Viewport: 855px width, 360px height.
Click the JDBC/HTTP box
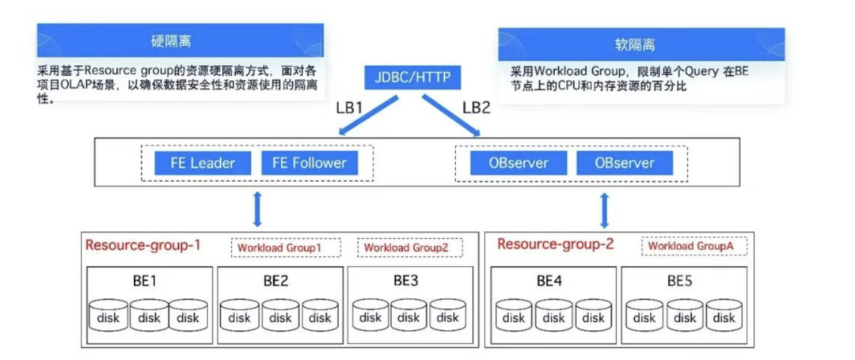tap(411, 78)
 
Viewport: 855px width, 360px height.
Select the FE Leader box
tap(203, 163)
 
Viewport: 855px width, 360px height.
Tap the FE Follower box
tap(310, 163)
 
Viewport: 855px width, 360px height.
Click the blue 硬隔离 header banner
tap(180, 40)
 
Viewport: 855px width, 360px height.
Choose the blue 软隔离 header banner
tap(640, 44)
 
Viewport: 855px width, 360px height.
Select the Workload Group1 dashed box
tap(286, 248)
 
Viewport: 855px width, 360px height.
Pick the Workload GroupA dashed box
tap(693, 246)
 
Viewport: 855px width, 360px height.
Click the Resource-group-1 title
tap(142, 245)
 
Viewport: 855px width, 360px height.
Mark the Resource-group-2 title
tap(555, 244)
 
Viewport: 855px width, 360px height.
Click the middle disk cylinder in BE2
tap(279, 315)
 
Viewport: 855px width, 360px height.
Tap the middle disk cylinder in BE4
tap(553, 315)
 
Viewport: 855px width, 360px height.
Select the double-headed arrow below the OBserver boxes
tap(605, 209)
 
